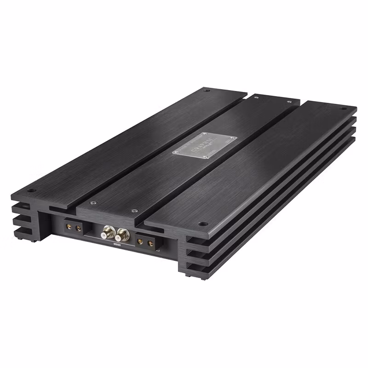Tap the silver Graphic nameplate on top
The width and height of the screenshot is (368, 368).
(204, 145)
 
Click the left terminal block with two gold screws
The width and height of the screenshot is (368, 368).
(73, 227)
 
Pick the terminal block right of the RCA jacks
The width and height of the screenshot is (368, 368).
(145, 241)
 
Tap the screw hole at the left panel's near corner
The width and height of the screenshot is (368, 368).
(31, 190)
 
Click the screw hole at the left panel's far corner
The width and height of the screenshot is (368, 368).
(207, 91)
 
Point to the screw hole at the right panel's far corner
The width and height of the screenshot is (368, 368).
(343, 109)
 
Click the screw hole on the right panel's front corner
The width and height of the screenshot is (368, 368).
(202, 224)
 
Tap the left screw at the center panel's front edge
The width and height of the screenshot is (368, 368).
(93, 202)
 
